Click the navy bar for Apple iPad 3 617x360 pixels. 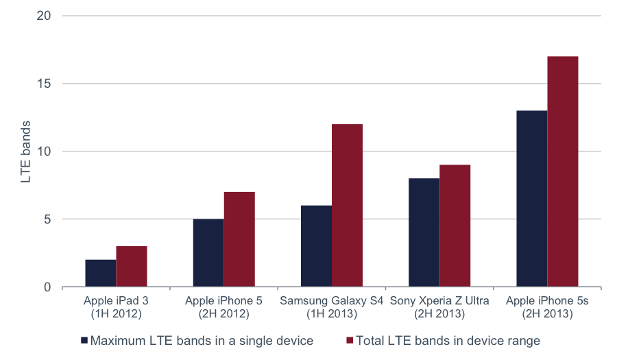point(100,273)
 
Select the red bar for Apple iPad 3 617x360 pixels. point(132,266)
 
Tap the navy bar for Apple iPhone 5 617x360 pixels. point(208,252)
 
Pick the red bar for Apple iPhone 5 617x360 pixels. point(239,239)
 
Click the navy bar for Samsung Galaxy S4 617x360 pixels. point(316,246)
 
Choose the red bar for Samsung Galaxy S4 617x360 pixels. point(347,206)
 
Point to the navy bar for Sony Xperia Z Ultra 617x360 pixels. point(424,232)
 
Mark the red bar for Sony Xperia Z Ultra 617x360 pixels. point(455,226)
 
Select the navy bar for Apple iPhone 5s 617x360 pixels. point(532,199)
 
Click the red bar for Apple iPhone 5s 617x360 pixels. point(563,171)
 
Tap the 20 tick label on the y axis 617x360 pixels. point(44,16)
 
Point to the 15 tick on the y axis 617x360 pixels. point(44,84)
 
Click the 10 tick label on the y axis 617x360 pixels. point(44,151)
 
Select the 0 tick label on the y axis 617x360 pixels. point(47,287)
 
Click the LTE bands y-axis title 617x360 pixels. point(25,152)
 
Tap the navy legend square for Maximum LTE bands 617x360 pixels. point(84,340)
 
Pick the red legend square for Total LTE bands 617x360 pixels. point(350,340)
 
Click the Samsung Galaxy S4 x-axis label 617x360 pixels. point(332,307)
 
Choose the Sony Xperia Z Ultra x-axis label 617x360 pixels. point(439,307)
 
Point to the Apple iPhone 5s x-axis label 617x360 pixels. point(547,307)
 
